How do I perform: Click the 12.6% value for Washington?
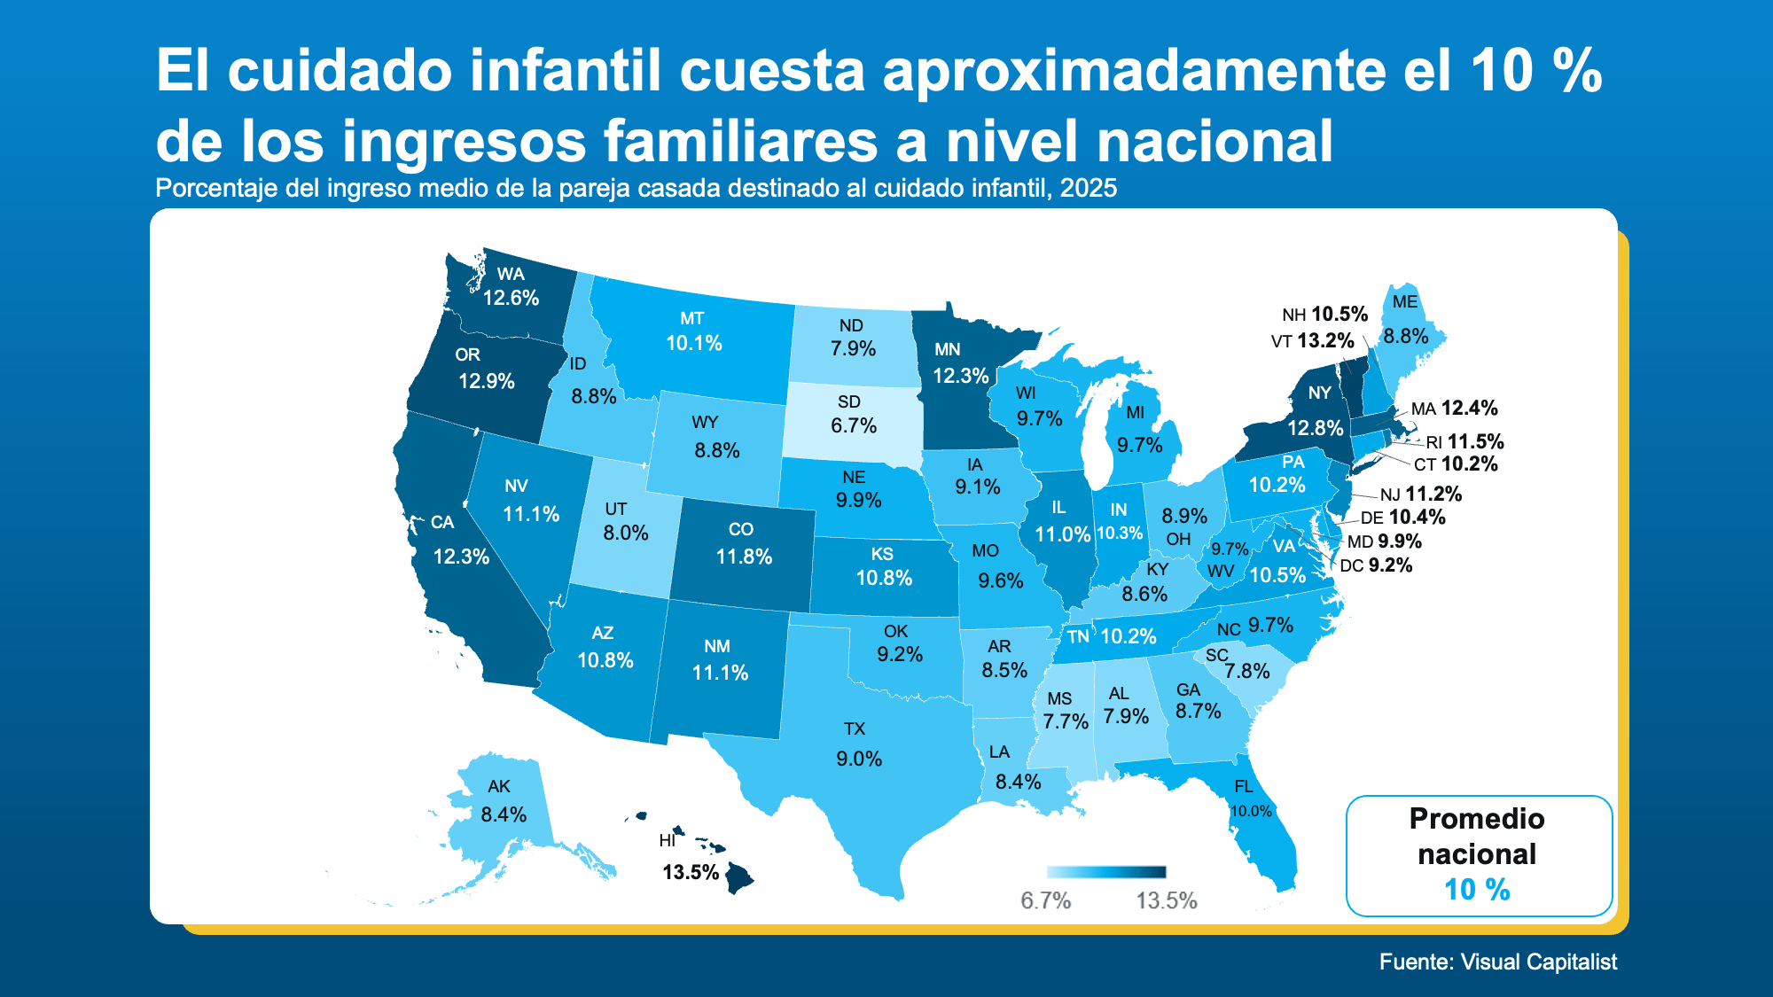pos(511,298)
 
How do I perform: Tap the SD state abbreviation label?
pos(849,401)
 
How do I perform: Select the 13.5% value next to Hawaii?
pos(690,872)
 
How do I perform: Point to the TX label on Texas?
pos(854,728)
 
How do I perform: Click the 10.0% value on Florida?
pos(1251,811)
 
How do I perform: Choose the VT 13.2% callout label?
pos(1312,341)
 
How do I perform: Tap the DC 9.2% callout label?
pos(1376,565)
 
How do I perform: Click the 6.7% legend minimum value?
pos(1045,900)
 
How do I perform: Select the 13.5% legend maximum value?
pos(1166,900)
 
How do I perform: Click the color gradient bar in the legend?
pos(1105,872)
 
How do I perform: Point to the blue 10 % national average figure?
pos(1476,889)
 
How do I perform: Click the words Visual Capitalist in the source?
pos(1538,962)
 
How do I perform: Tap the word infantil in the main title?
pos(566,70)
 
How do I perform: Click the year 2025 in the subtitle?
pos(1088,188)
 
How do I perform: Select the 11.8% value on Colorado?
pos(744,557)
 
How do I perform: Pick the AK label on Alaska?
pos(499,786)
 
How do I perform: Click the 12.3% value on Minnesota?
pos(960,376)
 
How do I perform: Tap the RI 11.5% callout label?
pos(1464,441)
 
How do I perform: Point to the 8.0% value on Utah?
pos(626,533)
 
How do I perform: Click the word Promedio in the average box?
pos(1476,818)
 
